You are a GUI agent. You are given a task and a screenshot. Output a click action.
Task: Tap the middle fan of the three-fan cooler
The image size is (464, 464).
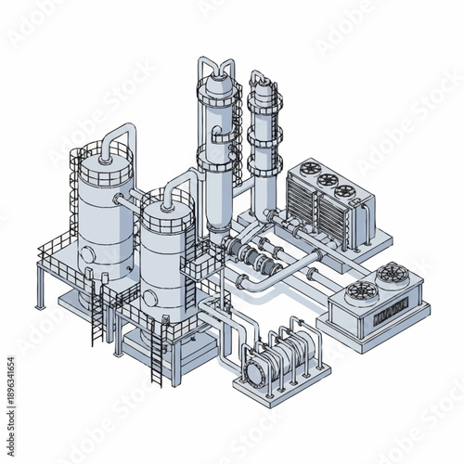[325, 181]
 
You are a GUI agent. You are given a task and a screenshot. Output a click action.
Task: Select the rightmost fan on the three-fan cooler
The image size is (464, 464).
[345, 191]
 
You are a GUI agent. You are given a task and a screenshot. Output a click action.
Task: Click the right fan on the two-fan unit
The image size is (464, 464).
[391, 274]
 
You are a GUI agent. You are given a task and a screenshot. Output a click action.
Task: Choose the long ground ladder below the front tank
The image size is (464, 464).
[159, 353]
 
